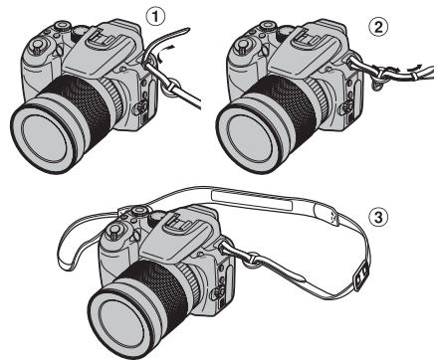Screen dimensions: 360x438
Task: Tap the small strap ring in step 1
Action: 157,67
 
